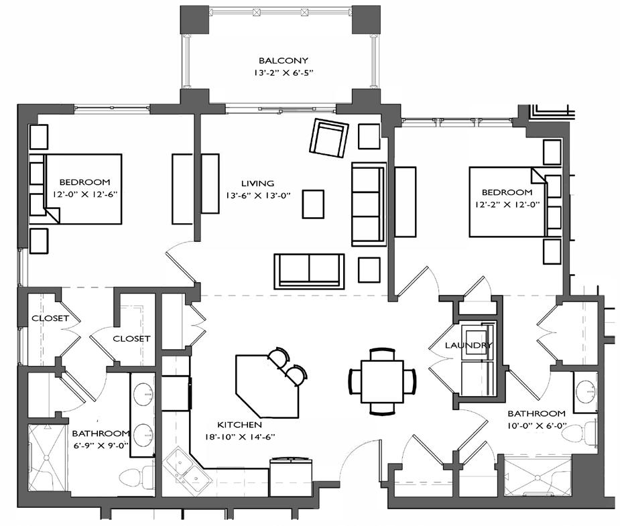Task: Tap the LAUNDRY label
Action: point(469,345)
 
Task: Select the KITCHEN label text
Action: point(239,425)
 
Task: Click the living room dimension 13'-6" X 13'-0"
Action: point(258,196)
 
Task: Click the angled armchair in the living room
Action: point(329,137)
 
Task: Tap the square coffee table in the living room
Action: point(313,204)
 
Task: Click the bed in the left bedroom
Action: point(82,188)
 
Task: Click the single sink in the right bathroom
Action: point(586,391)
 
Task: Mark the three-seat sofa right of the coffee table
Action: point(367,203)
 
